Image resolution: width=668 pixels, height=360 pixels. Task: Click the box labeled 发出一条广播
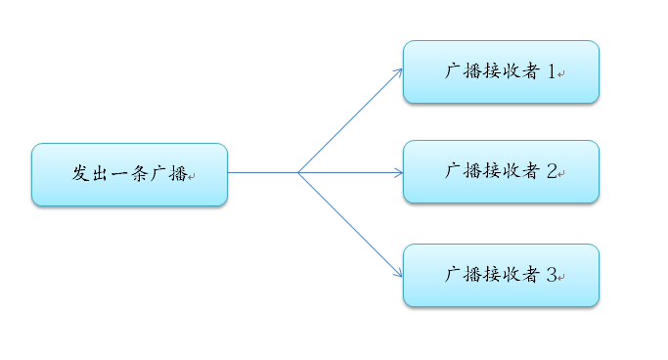tap(129, 174)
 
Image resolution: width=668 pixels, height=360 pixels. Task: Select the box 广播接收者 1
tap(501, 71)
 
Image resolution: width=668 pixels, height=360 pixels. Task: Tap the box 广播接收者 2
tap(501, 171)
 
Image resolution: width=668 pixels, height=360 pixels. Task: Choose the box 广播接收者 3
tap(501, 275)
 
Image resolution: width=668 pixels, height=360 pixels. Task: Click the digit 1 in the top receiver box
tap(552, 71)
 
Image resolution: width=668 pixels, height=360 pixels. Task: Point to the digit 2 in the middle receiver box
tap(552, 171)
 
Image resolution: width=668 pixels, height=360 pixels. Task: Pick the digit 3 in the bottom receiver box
tap(552, 275)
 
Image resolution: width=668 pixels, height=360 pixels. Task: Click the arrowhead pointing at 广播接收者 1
tap(398, 71)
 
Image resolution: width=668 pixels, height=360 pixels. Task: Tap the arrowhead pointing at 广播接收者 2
tap(398, 172)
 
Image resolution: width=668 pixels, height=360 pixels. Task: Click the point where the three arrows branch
tap(298, 172)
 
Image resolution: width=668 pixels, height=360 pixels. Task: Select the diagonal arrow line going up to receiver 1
tap(348, 121)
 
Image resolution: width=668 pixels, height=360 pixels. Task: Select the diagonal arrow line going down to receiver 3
tap(348, 223)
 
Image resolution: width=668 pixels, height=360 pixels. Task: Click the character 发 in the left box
tap(81, 174)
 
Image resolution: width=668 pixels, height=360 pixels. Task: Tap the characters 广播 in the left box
tap(168, 174)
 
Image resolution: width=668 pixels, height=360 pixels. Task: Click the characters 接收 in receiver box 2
tap(501, 171)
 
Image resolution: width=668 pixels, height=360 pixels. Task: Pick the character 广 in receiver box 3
tap(453, 275)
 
